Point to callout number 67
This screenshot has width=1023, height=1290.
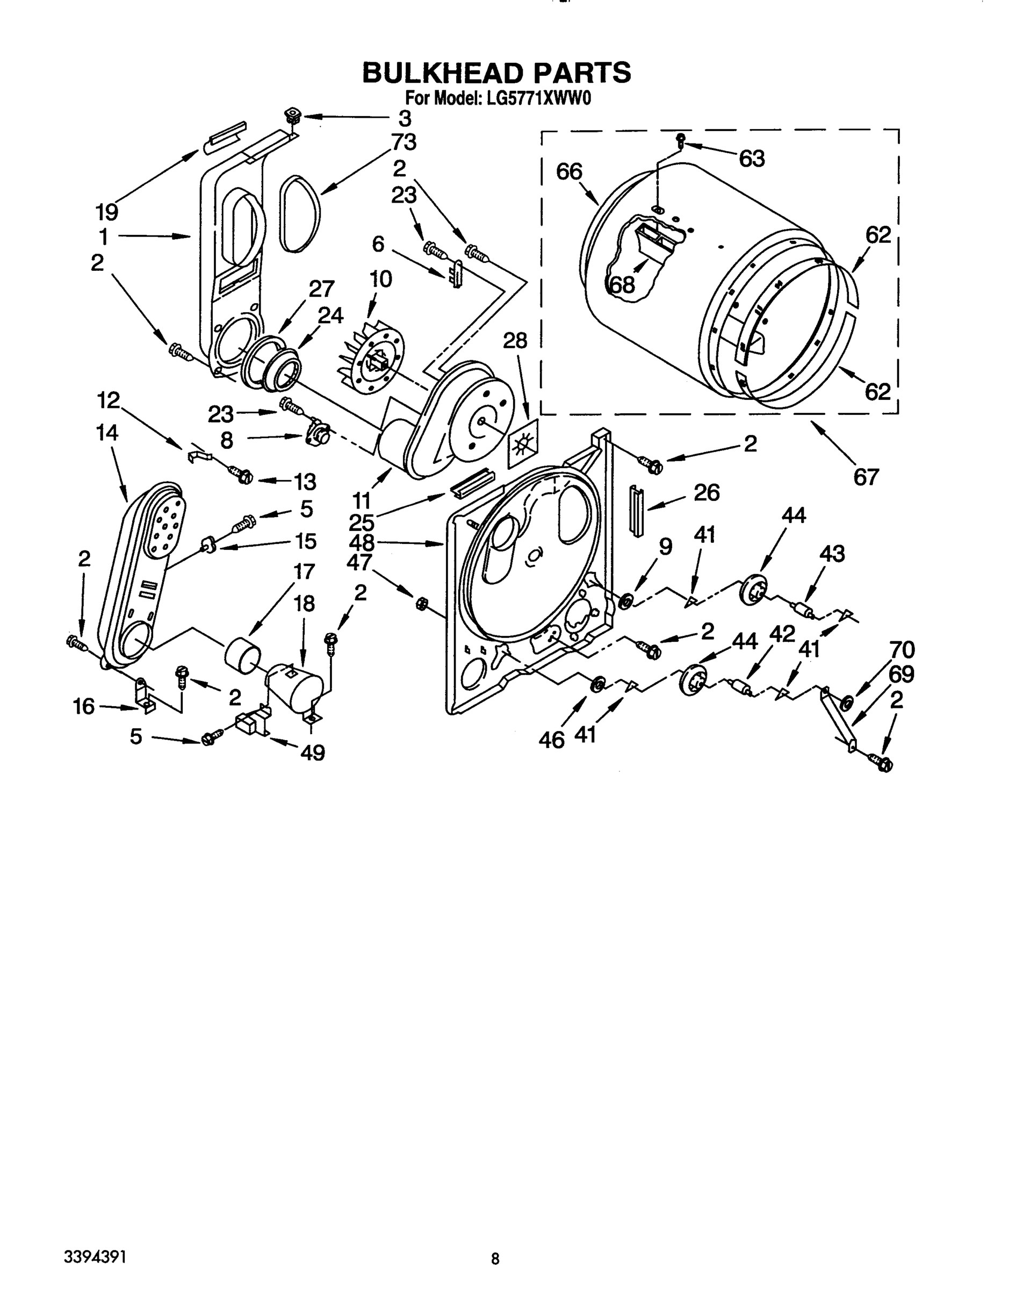[x=866, y=476]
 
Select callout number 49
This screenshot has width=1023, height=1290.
[x=312, y=752]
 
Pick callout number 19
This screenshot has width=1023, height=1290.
[x=107, y=212]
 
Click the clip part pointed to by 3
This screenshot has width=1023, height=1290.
[x=292, y=114]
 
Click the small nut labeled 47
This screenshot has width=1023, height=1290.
[x=421, y=604]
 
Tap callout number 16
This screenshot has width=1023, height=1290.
[x=84, y=707]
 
